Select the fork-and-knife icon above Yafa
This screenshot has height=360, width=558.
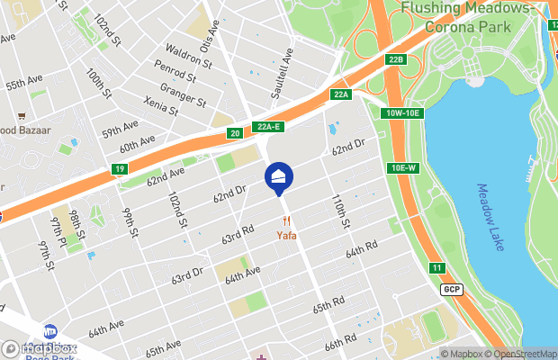pos(287,221)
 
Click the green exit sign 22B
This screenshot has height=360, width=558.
pos(397,59)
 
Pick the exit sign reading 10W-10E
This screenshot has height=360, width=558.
pos(400,112)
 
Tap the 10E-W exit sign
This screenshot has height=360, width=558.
pos(403,168)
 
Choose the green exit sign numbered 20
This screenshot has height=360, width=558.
pos(235,133)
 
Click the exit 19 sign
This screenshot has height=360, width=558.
pos(120,168)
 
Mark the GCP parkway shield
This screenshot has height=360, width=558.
pos(451,289)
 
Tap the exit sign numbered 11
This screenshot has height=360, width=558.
pos(436,268)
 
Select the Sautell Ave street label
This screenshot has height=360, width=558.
pos(280,79)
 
